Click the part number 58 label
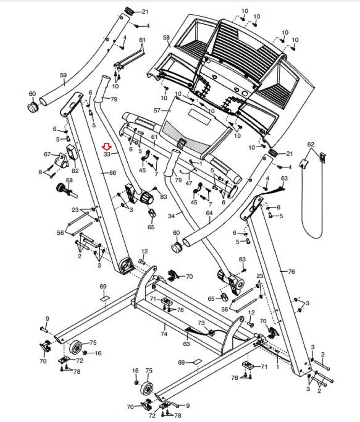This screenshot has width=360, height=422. click(x=166, y=38)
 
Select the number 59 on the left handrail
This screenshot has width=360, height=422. click(x=63, y=75)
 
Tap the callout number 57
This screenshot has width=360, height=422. click(x=157, y=110)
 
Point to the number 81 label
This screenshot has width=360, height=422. click(x=142, y=40)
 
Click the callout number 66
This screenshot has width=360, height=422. click(x=113, y=173)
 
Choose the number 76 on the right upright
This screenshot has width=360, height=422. click(x=291, y=271)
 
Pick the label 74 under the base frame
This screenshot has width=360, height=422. click(x=164, y=334)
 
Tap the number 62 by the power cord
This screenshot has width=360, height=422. click(x=311, y=144)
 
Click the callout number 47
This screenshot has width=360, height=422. click(x=189, y=183)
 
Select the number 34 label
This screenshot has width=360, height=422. click(x=171, y=216)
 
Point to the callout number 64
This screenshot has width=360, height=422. click(x=209, y=213)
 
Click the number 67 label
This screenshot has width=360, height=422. click(x=47, y=154)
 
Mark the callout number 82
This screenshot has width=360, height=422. click(x=75, y=171)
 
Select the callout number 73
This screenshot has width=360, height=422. click(x=201, y=323)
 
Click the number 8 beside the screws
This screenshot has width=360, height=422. click(x=40, y=172)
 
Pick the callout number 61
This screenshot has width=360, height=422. click(x=154, y=137)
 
